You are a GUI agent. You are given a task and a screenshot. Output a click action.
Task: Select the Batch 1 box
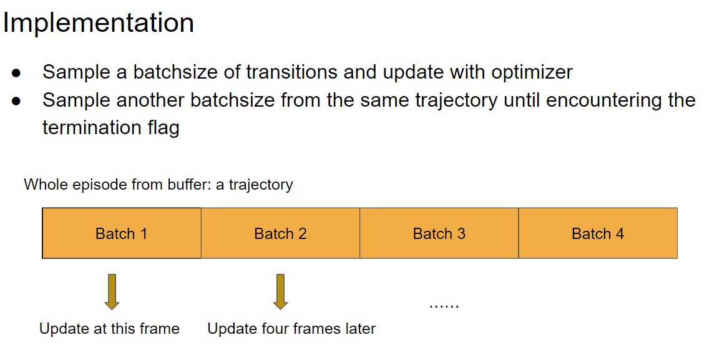pyautogui.click(x=122, y=233)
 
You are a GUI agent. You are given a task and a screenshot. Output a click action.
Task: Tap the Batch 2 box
pyautogui.click(x=280, y=233)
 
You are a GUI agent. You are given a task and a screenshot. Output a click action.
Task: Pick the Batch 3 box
pyautogui.click(x=439, y=233)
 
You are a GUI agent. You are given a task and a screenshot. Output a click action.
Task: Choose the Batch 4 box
pyautogui.click(x=598, y=233)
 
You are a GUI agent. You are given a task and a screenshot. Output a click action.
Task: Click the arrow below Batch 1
pyautogui.click(x=112, y=292)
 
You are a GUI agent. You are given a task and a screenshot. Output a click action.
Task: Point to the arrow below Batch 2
pyautogui.click(x=280, y=292)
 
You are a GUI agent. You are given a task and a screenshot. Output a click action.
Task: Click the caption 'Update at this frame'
pyautogui.click(x=109, y=329)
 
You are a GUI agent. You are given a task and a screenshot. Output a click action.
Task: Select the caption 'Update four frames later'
pyautogui.click(x=291, y=329)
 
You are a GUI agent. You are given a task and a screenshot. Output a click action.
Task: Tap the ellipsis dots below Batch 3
pyautogui.click(x=444, y=306)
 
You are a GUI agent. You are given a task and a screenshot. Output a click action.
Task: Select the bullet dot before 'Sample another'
pyautogui.click(x=16, y=101)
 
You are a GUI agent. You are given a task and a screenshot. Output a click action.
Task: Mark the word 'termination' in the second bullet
pyautogui.click(x=92, y=127)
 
